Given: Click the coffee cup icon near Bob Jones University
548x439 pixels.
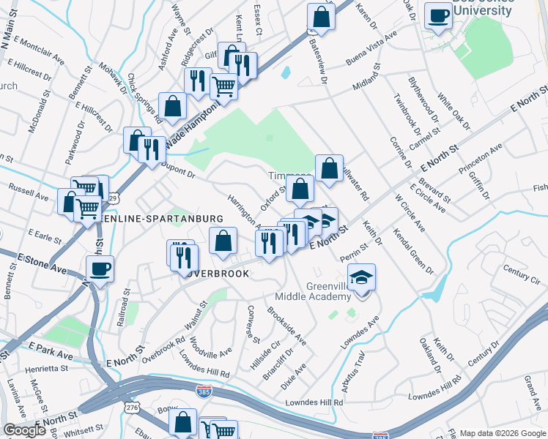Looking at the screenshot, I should coord(438,15).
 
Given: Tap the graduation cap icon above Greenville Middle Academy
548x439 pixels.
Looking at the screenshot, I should coord(361,278).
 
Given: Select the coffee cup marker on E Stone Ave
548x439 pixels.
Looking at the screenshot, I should coord(100,269).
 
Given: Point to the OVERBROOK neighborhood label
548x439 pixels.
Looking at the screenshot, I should coord(217,273).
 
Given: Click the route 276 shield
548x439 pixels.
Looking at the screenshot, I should coord(132,407).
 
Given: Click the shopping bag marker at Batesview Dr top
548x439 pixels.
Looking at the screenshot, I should coord(321,16).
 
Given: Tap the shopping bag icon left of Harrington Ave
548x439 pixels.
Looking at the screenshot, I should coord(223,241).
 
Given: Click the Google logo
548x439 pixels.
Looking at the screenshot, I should coord(24,430).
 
